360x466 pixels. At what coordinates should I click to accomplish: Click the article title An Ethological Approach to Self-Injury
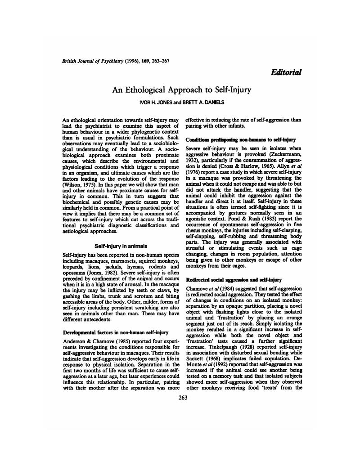coord(181,90)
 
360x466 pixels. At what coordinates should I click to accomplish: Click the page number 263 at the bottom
coord(183,397)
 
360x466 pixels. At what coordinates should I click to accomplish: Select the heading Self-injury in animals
coord(121,246)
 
